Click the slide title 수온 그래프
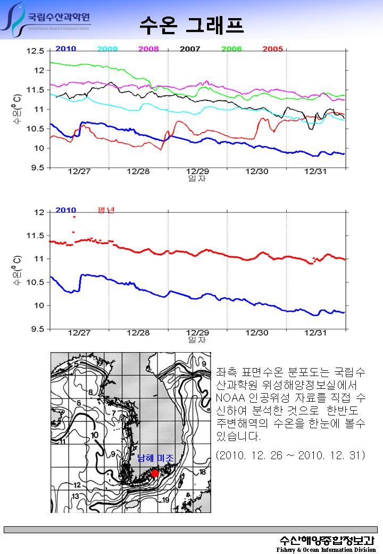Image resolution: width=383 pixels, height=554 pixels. (x=191, y=24)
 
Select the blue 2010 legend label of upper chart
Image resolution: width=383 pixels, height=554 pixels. (x=65, y=49)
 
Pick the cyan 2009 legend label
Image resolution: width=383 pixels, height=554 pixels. (x=107, y=49)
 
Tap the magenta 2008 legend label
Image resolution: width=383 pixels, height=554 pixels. (x=148, y=49)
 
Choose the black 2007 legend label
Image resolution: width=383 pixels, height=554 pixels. (x=190, y=49)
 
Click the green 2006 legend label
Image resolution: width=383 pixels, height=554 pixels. (x=231, y=49)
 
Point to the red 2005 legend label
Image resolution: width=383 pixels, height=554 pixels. (x=272, y=49)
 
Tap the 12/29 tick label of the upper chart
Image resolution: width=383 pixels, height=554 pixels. (x=197, y=172)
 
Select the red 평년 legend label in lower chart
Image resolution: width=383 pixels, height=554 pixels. (x=106, y=210)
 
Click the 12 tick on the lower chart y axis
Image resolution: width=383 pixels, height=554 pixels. (x=39, y=213)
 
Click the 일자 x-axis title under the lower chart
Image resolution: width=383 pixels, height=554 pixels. (x=197, y=339)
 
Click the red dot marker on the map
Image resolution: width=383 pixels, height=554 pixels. (x=155, y=473)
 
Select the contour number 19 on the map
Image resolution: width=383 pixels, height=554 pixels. (x=165, y=500)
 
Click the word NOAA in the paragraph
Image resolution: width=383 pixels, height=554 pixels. (x=230, y=398)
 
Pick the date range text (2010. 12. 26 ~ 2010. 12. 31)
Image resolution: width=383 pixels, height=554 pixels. (x=290, y=455)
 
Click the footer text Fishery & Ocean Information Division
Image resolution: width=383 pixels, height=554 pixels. (x=326, y=549)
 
